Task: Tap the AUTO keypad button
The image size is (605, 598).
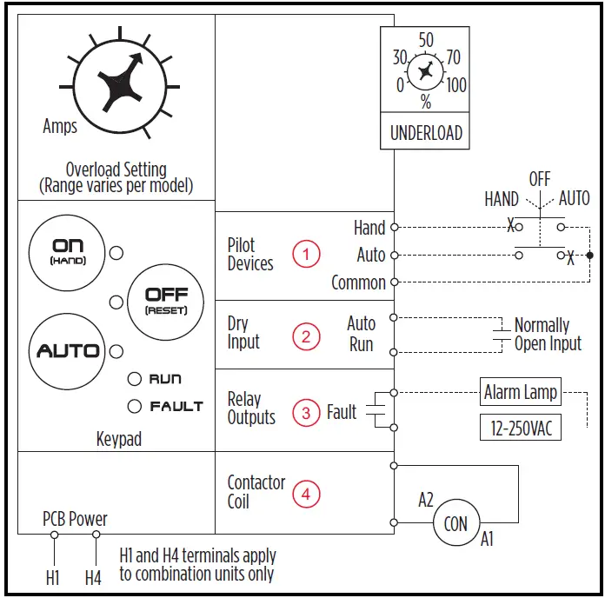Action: (68, 351)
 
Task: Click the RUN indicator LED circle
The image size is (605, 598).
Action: (135, 379)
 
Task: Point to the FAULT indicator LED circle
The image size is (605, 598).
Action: (135, 406)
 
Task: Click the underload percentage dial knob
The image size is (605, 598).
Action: (425, 73)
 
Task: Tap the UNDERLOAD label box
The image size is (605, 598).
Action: (425, 134)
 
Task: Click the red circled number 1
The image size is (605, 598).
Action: (306, 255)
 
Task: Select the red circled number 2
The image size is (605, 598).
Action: (306, 336)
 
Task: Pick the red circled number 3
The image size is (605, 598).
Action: (306, 413)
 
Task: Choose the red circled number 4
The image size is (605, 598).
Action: (306, 495)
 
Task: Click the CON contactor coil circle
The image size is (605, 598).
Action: (455, 524)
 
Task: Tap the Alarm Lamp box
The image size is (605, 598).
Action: (521, 392)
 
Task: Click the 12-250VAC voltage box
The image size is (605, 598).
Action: (521, 428)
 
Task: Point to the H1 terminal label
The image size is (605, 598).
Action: (53, 577)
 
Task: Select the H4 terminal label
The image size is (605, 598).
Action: (95, 577)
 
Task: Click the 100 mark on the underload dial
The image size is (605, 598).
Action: (456, 85)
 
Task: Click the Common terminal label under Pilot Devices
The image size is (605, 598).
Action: (358, 283)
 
